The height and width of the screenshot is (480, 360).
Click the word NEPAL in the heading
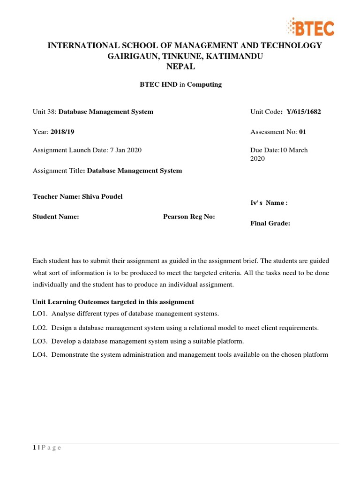click(x=180, y=67)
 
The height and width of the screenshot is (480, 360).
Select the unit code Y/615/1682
click(x=302, y=112)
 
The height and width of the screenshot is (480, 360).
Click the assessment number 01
click(x=302, y=132)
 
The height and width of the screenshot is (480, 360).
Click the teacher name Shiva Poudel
click(x=102, y=196)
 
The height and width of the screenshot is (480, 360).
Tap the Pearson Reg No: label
click(x=189, y=217)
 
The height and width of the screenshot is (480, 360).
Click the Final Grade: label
click(x=270, y=223)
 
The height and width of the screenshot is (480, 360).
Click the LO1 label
click(x=40, y=313)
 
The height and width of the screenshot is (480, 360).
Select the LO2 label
click(x=40, y=328)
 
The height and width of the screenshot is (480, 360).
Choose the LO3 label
click(x=40, y=341)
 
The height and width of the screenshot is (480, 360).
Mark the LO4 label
click(x=40, y=354)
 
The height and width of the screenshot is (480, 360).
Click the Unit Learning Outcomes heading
click(x=113, y=301)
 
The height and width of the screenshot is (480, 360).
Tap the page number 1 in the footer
click(x=34, y=447)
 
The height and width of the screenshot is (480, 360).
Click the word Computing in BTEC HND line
click(x=204, y=84)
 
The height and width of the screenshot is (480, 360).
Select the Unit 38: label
click(x=44, y=112)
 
